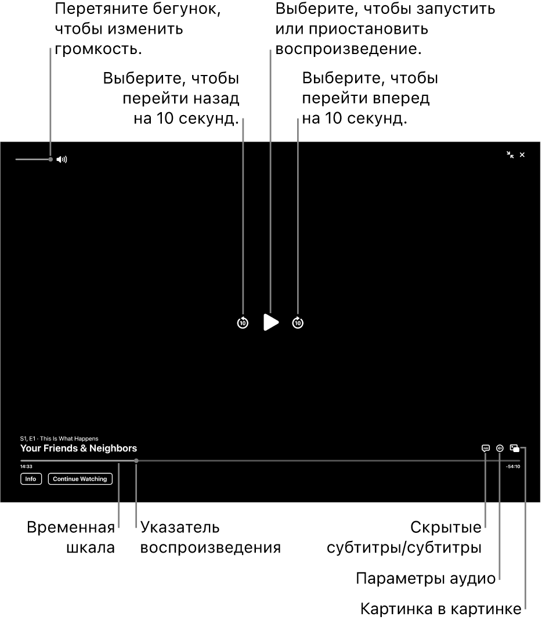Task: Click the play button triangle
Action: pos(271,322)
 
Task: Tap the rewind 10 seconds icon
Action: pos(243,322)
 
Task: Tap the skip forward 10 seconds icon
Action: pos(298,322)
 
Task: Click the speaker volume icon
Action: pos(62,159)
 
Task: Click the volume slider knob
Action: pos(50,159)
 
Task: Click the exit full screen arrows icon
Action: pos(511,155)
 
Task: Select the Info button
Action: pos(31,479)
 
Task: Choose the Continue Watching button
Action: pos(80,479)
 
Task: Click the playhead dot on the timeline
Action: pos(136,461)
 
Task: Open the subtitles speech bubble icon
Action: pos(486,448)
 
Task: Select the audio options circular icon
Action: pos(500,448)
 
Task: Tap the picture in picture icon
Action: pos(514,448)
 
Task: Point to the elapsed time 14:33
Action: pos(27,467)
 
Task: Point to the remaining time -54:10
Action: pos(513,467)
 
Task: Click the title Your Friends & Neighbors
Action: pos(78,448)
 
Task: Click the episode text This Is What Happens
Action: pos(69,439)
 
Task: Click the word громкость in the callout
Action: pos(98,49)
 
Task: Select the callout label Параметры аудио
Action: pos(425,579)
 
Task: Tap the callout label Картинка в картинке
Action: pos(441,608)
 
